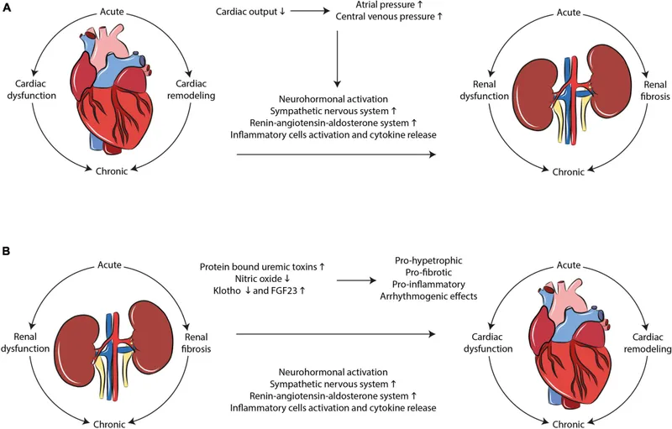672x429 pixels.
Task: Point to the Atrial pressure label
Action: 391,4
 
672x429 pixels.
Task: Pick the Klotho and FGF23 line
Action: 263,293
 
